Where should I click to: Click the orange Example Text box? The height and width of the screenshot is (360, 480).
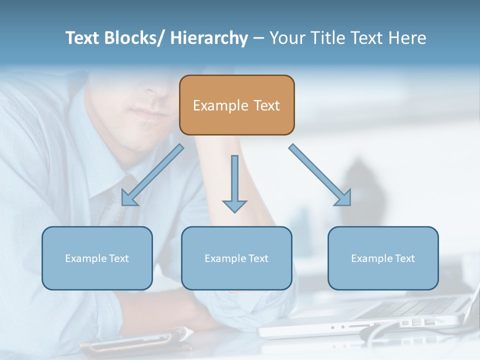coord(236,105)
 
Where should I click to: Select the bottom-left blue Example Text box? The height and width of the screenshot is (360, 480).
coord(97,258)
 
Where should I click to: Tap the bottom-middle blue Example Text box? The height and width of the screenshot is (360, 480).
coord(236,258)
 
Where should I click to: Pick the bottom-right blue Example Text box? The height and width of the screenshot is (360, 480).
coord(383,258)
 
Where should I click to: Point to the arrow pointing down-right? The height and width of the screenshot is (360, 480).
coord(320,175)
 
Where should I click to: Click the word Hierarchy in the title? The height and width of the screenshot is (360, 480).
coord(209,38)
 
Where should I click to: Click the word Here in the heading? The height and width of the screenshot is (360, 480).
coord(405,38)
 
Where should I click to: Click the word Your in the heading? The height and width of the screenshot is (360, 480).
coord(286,38)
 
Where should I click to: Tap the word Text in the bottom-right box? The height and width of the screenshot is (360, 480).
coord(405,258)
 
